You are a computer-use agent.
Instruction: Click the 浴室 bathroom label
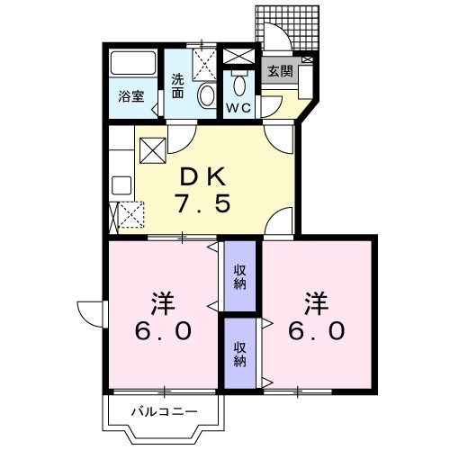pyautogui.click(x=132, y=96)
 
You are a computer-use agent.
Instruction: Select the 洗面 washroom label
pyautogui.click(x=178, y=85)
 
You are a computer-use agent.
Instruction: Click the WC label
pyautogui.click(x=238, y=108)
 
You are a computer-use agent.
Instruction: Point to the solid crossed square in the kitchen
pyautogui.click(x=152, y=149)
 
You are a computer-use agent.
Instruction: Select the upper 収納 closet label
pyautogui.click(x=240, y=277)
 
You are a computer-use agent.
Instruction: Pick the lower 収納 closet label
pyautogui.click(x=240, y=353)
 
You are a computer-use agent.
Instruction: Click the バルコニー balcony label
pyautogui.click(x=164, y=413)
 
